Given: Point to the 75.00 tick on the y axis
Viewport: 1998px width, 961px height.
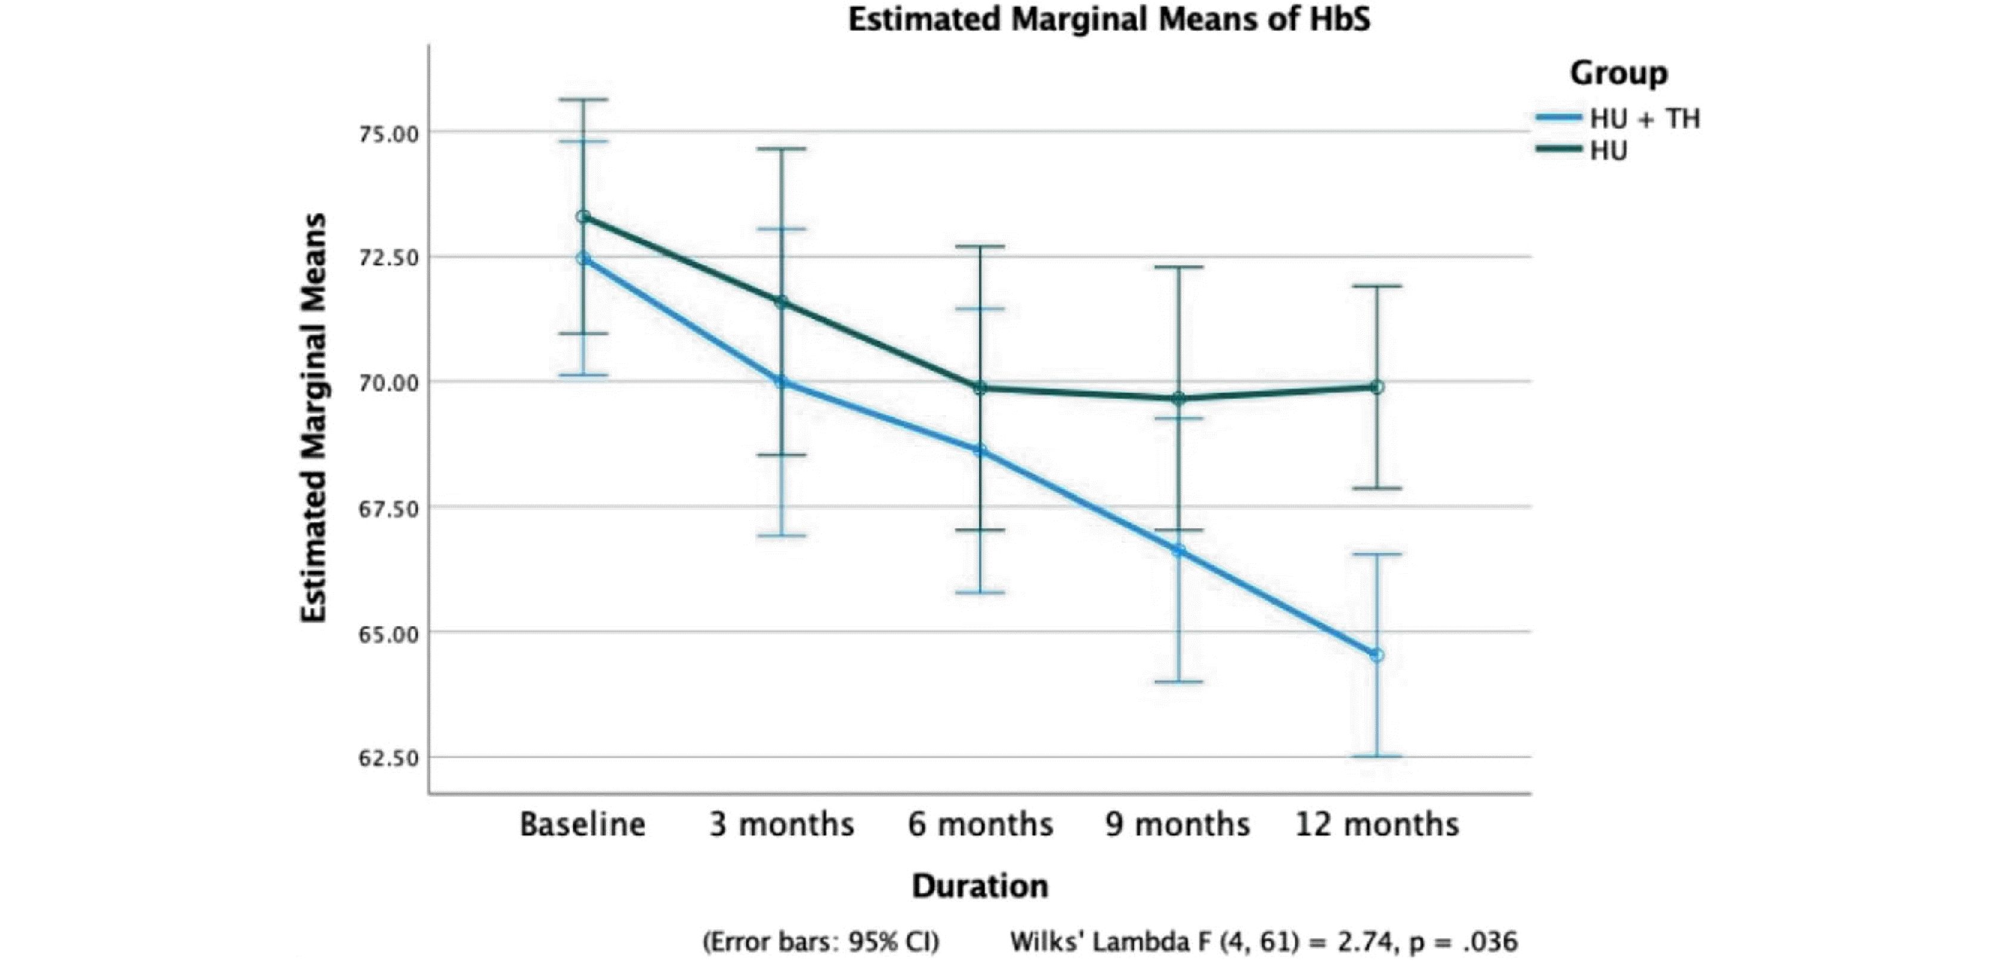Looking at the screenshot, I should [388, 134].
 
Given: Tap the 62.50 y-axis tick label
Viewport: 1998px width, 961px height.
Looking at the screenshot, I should [388, 758].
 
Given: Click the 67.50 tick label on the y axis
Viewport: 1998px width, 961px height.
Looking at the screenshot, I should [388, 508].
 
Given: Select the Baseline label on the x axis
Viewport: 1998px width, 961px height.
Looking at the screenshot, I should [582, 824].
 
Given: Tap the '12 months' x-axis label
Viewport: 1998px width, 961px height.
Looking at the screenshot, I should [1377, 824].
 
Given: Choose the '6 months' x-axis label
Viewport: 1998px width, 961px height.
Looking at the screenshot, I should [980, 824].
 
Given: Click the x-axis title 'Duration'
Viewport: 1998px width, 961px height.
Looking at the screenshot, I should [980, 886].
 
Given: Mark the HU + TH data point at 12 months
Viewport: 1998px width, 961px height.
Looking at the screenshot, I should [1377, 656].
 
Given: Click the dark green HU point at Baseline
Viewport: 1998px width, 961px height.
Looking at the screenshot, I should [582, 217].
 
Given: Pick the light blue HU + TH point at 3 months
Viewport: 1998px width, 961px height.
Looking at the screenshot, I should [781, 382].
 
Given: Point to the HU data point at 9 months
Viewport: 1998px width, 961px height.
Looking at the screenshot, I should [1178, 398].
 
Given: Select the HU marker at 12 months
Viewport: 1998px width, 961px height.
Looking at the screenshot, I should [1377, 387].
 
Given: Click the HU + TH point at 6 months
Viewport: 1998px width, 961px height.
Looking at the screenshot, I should [980, 450].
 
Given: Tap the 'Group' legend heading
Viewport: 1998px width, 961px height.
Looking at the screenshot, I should [1619, 73].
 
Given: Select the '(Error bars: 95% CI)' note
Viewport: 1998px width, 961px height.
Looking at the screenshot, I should [820, 941].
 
